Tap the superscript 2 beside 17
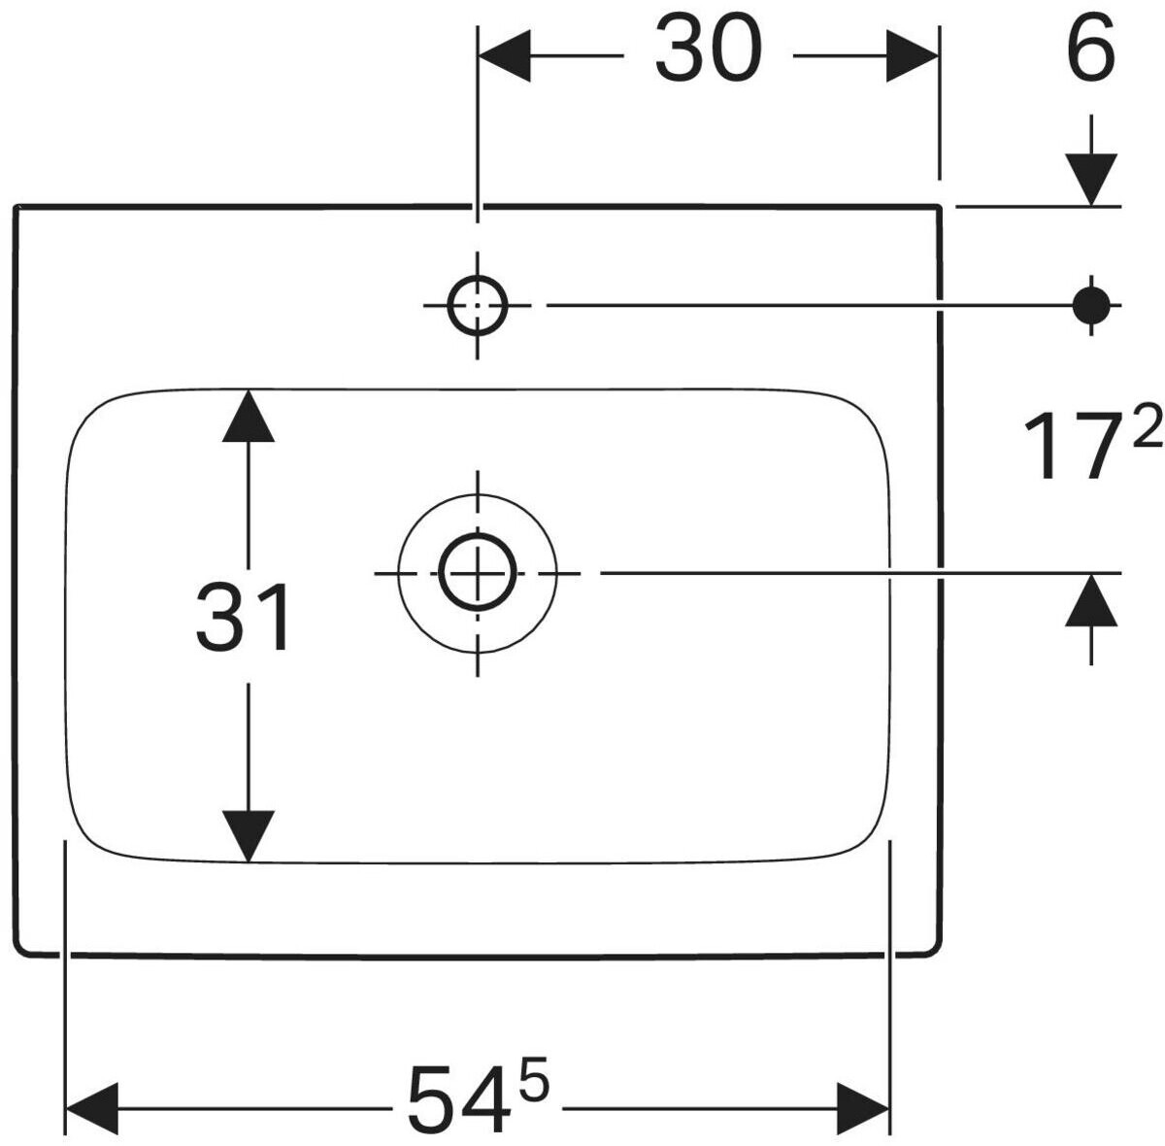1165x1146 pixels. (x=1147, y=424)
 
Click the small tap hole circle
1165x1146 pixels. (x=478, y=305)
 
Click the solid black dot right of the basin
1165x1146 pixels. (x=1091, y=305)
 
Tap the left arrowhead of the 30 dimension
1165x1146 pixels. (x=504, y=55)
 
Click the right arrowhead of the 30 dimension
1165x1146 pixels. (x=913, y=55)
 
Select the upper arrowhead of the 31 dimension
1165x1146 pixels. (x=248, y=417)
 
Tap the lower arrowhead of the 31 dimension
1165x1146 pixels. (x=248, y=837)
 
